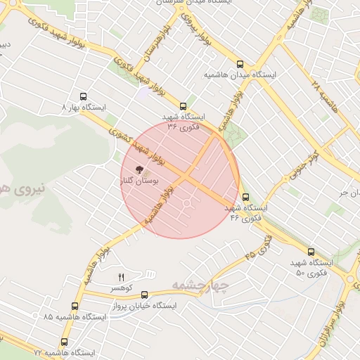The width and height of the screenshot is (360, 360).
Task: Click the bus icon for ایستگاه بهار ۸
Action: [x=84, y=97]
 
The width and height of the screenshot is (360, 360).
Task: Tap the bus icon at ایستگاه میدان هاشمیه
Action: [x=240, y=63]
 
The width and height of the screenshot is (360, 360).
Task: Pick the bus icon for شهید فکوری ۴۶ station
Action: [x=245, y=198]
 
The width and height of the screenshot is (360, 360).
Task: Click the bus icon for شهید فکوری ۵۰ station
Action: [x=311, y=252]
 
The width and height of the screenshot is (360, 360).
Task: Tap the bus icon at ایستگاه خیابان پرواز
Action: [x=145, y=295]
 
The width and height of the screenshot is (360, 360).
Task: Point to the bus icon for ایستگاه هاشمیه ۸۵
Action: [x=75, y=306]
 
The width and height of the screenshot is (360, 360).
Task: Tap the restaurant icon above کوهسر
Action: [x=120, y=276]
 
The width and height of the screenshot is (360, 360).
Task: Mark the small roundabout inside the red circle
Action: [x=188, y=205]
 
